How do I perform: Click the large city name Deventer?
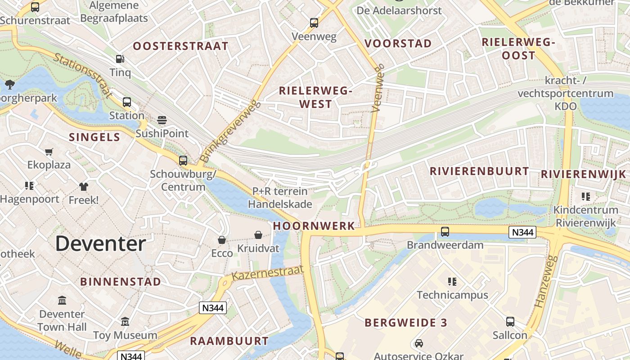point(100,244)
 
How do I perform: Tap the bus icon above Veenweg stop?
point(314,22)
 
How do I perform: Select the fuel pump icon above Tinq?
point(120,58)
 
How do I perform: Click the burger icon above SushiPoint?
point(162,120)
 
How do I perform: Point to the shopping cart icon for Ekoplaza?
point(49,152)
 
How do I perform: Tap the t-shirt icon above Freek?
point(84,186)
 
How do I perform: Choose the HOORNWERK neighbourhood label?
point(314,226)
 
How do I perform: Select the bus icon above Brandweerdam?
point(445,232)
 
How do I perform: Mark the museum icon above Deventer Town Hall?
point(62,300)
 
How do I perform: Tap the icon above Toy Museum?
point(125,322)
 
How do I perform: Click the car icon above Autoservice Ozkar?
point(419,343)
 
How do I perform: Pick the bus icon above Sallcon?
point(510,322)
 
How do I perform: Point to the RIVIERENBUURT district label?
point(479,171)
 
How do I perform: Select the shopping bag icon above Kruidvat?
point(258,235)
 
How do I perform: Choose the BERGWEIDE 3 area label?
point(406,323)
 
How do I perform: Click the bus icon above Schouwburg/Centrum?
point(183,161)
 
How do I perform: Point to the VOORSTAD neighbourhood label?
point(398,44)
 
